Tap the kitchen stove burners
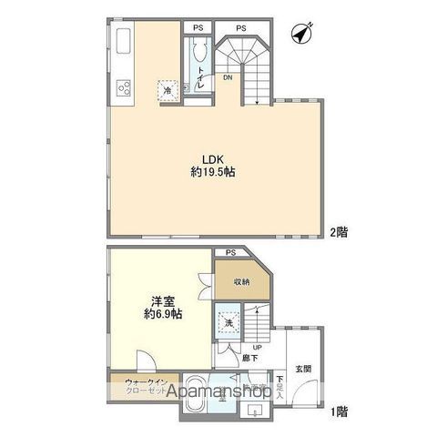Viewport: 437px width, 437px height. [122, 87]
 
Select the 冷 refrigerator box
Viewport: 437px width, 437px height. [168, 89]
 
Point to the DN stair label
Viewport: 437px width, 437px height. [228, 78]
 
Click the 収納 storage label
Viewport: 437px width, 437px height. [241, 281]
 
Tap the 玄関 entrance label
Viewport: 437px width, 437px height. [302, 369]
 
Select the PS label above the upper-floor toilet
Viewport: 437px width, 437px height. [198, 28]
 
